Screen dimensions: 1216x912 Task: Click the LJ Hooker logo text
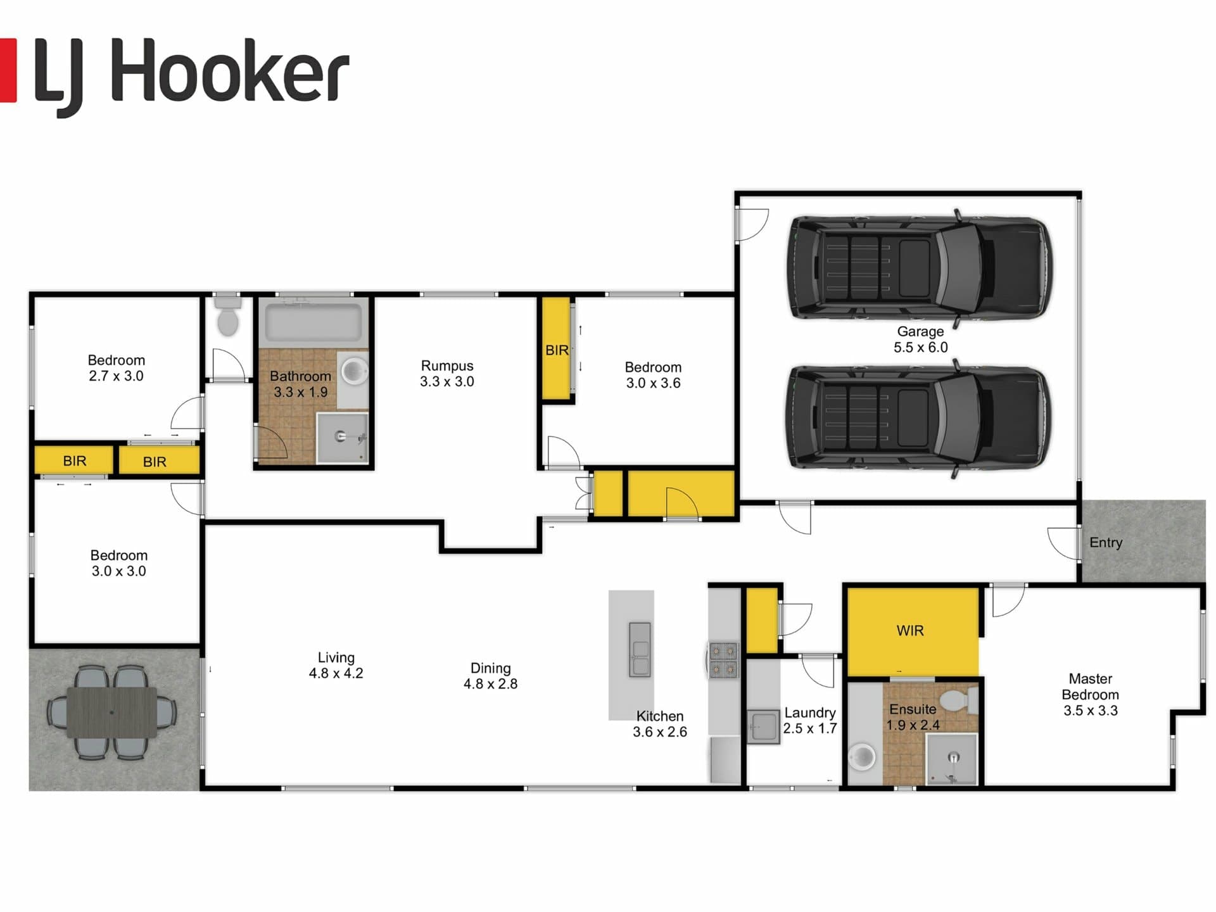click(x=191, y=75)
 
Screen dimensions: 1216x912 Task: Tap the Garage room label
click(x=920, y=331)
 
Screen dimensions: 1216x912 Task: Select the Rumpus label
click(x=447, y=365)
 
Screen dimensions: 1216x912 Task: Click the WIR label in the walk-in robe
click(x=910, y=630)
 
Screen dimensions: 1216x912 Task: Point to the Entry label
click(x=1106, y=543)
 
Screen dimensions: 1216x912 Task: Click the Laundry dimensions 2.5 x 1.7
click(x=810, y=728)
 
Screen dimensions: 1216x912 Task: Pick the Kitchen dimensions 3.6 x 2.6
click(x=660, y=731)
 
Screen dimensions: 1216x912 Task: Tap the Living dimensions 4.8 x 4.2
click(x=336, y=673)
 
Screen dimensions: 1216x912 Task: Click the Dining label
click(x=490, y=668)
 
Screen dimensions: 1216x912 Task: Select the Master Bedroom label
click(x=1090, y=687)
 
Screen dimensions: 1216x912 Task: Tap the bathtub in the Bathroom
click(x=313, y=322)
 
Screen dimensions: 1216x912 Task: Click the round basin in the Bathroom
click(x=355, y=370)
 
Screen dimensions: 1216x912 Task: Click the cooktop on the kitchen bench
click(x=723, y=661)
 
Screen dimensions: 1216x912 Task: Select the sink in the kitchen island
click(x=640, y=649)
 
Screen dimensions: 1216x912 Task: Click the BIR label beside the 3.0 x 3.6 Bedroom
click(x=557, y=350)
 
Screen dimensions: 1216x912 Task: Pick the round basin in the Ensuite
click(x=862, y=756)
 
